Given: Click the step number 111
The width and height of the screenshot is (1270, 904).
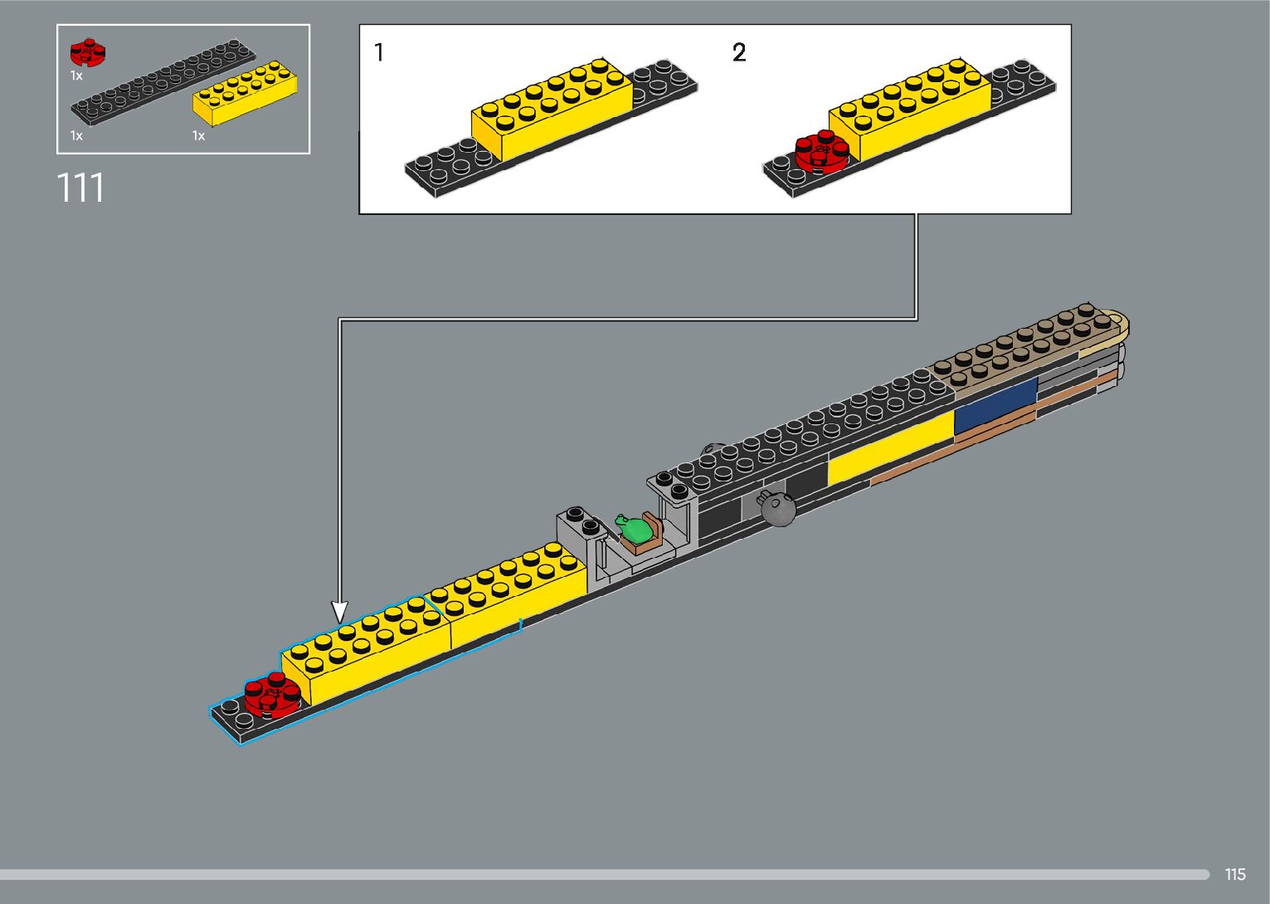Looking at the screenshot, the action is [80, 188].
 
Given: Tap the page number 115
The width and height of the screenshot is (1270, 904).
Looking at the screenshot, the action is [1234, 874].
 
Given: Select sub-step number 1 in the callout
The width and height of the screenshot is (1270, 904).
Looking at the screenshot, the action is [379, 53].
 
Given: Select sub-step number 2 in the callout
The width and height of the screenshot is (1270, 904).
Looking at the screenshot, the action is [739, 53].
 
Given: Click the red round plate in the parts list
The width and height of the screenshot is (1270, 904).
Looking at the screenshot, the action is [87, 53].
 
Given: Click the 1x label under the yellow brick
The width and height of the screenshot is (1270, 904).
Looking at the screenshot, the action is [198, 136].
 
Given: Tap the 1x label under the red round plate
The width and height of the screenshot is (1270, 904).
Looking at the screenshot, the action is [76, 76].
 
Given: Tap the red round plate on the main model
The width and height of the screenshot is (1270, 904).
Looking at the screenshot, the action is [272, 695].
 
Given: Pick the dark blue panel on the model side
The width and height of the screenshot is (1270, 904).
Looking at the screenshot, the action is [995, 405].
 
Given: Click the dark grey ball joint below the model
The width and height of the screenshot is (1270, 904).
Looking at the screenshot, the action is [779, 507].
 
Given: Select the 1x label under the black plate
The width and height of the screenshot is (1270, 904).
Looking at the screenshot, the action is [76, 136].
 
